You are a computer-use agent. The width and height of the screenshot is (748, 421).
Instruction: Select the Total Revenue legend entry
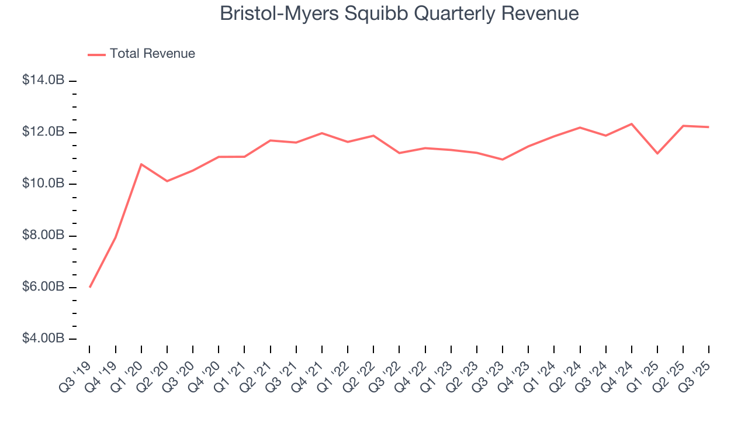(152, 54)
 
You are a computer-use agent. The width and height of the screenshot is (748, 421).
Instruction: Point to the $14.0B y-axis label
(43, 80)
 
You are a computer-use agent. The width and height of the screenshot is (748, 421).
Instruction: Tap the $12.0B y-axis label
(43, 132)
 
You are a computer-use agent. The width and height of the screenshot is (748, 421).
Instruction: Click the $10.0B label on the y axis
(43, 184)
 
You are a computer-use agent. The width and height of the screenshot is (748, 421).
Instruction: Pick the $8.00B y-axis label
(43, 236)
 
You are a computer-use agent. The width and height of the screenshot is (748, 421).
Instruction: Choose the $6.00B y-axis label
(43, 287)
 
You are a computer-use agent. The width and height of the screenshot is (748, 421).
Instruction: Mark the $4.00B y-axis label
(43, 339)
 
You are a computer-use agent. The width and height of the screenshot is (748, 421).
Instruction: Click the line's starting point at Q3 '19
(89, 287)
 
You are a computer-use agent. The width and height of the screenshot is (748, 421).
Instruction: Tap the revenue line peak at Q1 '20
(141, 164)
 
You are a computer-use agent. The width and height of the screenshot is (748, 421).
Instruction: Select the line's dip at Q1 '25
(657, 153)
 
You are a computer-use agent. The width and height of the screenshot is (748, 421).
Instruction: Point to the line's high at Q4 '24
(632, 124)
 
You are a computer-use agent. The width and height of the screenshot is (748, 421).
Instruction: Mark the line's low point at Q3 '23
(503, 159)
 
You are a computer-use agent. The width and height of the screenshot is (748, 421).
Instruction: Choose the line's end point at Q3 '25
(709, 127)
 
